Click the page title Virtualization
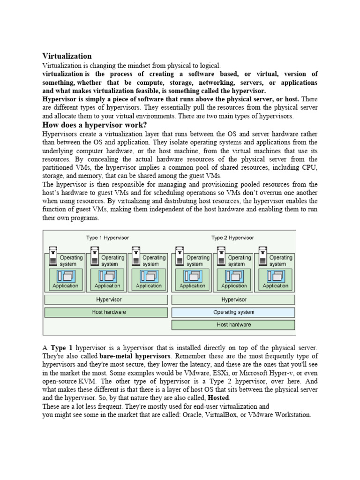click(x=67, y=56)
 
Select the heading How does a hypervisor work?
click(x=95, y=125)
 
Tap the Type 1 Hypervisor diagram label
click(x=107, y=238)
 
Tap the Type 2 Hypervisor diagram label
click(x=233, y=238)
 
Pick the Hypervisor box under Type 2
click(x=233, y=299)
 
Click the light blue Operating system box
click(x=233, y=312)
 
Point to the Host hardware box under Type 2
click(x=233, y=324)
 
